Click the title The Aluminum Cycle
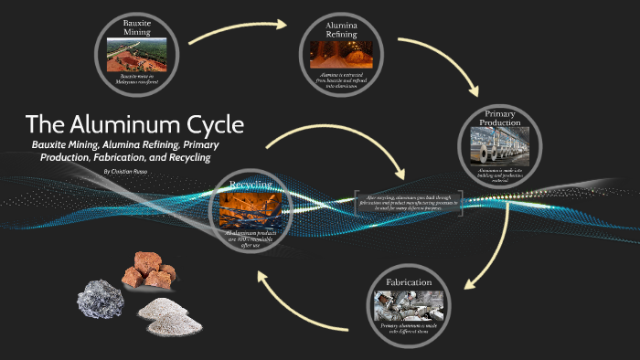tap(134, 125)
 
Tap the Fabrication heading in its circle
tap(409, 283)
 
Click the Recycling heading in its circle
tap(251, 185)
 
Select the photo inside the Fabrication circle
tap(409, 304)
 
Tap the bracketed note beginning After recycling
tap(409, 202)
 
